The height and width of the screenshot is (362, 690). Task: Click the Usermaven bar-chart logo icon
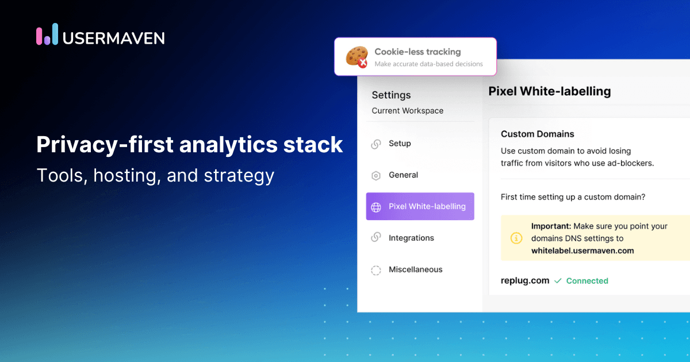(47, 34)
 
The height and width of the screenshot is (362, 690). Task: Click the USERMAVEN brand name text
(114, 38)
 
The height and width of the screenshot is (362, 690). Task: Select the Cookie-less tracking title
(417, 52)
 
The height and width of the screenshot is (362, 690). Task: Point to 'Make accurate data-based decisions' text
(428, 64)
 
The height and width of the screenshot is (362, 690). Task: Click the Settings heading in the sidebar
(391, 95)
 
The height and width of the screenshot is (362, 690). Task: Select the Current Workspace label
(407, 111)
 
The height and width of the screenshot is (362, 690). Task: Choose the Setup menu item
(400, 144)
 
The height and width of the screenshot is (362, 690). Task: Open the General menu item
(403, 175)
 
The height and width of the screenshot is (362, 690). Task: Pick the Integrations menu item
(411, 238)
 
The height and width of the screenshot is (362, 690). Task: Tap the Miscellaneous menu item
(415, 269)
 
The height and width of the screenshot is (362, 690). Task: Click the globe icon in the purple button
(376, 207)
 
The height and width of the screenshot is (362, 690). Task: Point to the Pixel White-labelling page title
(549, 91)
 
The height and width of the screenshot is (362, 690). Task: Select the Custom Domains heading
(537, 134)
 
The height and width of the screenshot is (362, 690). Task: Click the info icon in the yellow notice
(516, 238)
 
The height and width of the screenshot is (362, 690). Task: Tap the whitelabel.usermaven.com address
(582, 251)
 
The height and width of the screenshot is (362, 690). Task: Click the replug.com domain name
(525, 281)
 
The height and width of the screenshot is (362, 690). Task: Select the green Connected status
(586, 281)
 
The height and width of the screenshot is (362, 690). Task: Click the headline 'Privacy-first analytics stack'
(189, 145)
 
